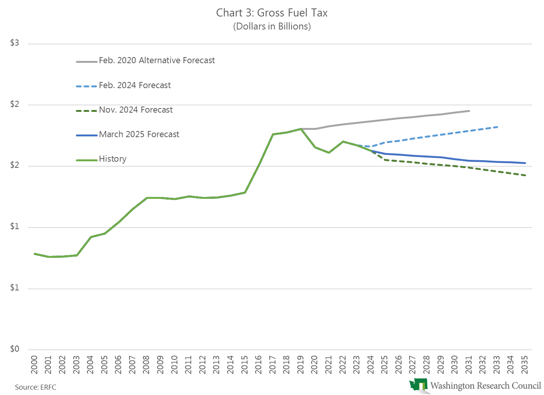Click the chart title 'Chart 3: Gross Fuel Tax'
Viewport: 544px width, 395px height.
pyautogui.click(x=272, y=13)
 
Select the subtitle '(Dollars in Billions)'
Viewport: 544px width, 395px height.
pyautogui.click(x=272, y=26)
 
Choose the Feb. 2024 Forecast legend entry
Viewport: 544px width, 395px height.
pyautogui.click(x=134, y=85)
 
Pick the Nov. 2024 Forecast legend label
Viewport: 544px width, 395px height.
pyautogui.click(x=136, y=110)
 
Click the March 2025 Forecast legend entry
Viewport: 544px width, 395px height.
pyautogui.click(x=139, y=134)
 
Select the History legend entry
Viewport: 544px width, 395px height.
pyautogui.click(x=112, y=159)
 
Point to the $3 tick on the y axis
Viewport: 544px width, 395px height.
pyautogui.click(x=15, y=43)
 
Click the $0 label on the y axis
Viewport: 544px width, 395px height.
pyautogui.click(x=15, y=349)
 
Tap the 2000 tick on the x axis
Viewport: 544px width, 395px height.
pyautogui.click(x=34, y=365)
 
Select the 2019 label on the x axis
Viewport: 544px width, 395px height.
pyautogui.click(x=301, y=365)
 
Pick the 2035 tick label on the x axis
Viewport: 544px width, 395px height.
pyautogui.click(x=525, y=365)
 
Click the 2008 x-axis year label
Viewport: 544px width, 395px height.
pyautogui.click(x=146, y=365)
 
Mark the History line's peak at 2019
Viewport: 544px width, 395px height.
pyautogui.click(x=301, y=129)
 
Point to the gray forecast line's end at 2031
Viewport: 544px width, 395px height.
pyautogui.click(x=469, y=111)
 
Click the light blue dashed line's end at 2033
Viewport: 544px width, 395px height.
pyautogui.click(x=497, y=127)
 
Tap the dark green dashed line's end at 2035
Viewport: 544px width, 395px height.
pyautogui.click(x=525, y=175)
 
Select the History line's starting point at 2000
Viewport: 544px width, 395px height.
pyautogui.click(x=34, y=254)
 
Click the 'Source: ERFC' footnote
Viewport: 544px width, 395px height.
pyautogui.click(x=36, y=387)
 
